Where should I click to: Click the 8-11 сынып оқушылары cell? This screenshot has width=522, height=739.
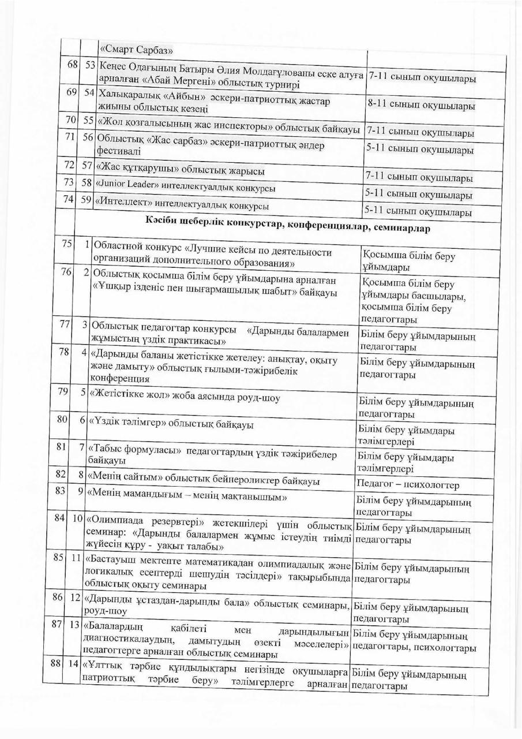click(421, 106)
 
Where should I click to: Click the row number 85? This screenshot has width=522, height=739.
click(58, 558)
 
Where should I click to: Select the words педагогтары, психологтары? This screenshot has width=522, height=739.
click(414, 648)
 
